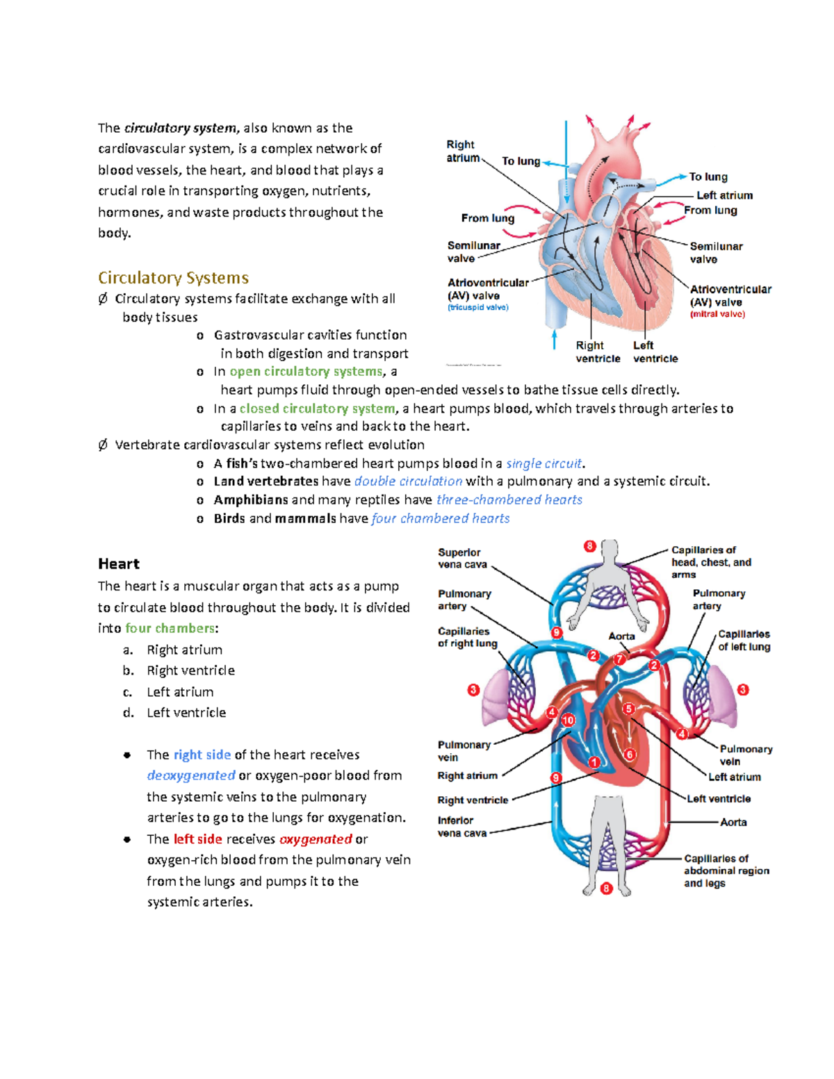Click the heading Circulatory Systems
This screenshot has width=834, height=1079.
pos(173,278)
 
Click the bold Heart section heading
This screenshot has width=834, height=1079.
pos(119,563)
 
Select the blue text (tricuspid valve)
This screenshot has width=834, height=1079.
pos(478,307)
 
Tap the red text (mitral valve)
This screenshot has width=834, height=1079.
pos(717,314)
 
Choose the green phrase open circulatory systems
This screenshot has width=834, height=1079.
pos(306,372)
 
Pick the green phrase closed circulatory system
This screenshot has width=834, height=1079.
pos(318,409)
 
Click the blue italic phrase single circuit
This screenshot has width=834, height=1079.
pos(544,463)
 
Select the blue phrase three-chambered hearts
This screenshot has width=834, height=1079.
pos(509,500)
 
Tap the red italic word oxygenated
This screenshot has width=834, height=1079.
pos(316,839)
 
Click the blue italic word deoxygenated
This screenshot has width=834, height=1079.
pos(191,775)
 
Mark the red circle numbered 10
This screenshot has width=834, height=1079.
pos(568,720)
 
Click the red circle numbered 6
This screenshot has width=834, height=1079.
pos(630,755)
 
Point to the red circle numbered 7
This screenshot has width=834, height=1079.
pos(619,659)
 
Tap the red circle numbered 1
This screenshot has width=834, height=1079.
pos(594,762)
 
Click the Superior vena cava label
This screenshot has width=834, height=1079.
pos(462,558)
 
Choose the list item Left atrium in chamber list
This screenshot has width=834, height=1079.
pos(180,692)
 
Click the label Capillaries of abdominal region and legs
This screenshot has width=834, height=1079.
pos(726,871)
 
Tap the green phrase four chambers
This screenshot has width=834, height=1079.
pos(170,628)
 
